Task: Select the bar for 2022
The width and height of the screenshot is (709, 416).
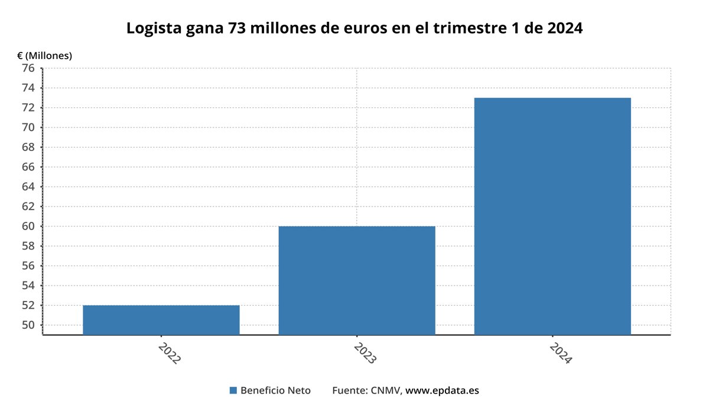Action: [x=161, y=320]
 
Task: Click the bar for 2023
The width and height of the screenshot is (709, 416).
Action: [x=357, y=280]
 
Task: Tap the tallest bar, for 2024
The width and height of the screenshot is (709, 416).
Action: [x=552, y=216]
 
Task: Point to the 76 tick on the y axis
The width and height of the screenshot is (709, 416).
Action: [x=28, y=68]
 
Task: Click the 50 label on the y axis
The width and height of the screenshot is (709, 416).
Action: [x=28, y=325]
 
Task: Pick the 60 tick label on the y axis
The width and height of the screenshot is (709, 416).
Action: [x=28, y=227]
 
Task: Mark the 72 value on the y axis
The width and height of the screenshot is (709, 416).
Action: [x=28, y=108]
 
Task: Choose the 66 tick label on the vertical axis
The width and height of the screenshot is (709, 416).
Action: [x=28, y=167]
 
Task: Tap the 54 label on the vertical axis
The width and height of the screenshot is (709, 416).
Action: [x=28, y=286]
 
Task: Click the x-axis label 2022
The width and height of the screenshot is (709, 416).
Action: [x=169, y=352]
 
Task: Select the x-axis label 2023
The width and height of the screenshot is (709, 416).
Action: [x=365, y=352]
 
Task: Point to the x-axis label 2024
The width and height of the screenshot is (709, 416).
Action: [x=560, y=352]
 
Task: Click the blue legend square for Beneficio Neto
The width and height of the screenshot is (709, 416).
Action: [x=233, y=391]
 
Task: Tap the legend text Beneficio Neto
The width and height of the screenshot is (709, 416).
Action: [x=275, y=391]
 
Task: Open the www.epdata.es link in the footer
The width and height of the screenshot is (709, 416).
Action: [x=442, y=391]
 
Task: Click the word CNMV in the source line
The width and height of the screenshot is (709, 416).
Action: [x=386, y=391]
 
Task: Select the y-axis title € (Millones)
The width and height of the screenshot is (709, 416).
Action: [x=44, y=56]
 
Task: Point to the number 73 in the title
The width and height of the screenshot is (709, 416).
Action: [x=236, y=28]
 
